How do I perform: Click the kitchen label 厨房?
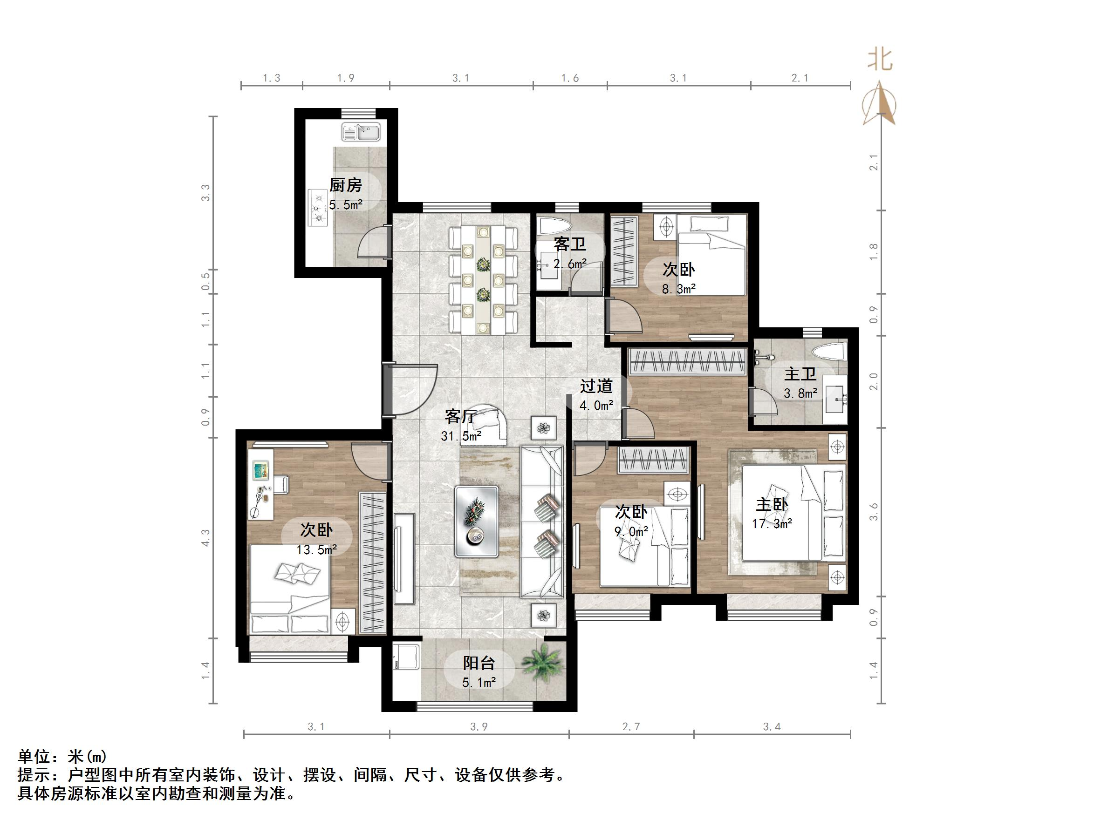click(345, 185)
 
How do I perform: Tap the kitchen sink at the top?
click(361, 132)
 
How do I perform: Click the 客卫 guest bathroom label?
click(569, 244)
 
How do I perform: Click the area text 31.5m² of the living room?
click(461, 436)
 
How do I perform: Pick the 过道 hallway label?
click(596, 386)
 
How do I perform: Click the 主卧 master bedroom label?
click(772, 504)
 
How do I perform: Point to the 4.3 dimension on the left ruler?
click(206, 537)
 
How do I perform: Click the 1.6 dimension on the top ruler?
click(570, 78)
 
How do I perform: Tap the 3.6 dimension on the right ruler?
click(874, 512)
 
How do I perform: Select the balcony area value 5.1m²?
click(479, 683)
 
